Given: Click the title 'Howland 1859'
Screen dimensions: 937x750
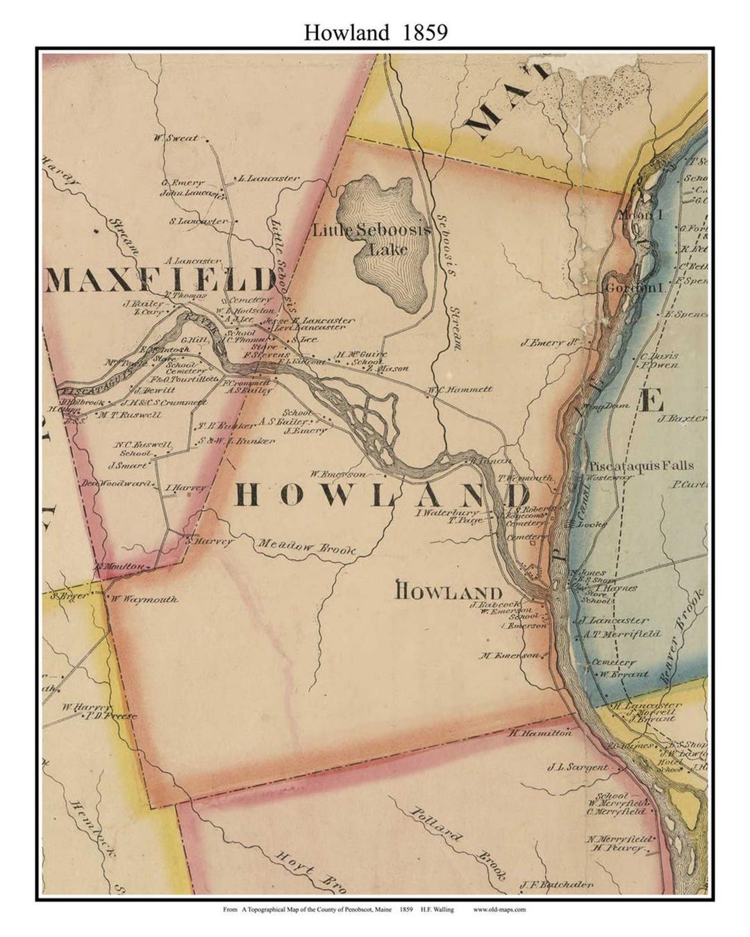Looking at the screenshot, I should [375, 33].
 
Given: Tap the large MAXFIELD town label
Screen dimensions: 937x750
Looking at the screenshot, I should [160, 280].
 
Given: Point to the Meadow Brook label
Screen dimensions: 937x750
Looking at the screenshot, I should [306, 547].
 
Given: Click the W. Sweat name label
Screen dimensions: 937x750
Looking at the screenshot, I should [176, 137].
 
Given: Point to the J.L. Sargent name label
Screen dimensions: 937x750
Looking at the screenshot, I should [577, 768].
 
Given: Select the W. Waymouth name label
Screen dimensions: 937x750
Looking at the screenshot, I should [144, 599].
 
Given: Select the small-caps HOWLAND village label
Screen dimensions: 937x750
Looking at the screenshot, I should [449, 592].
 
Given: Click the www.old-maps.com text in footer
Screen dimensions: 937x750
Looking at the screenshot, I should [501, 909].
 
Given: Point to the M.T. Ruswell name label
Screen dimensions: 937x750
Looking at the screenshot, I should [129, 415].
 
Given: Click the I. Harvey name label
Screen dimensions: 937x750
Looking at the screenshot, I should [186, 488].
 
